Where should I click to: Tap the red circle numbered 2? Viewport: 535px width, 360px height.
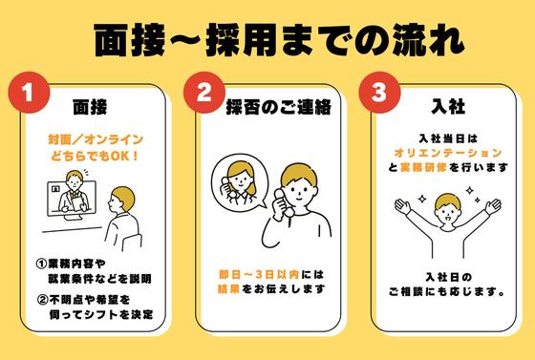(203, 94)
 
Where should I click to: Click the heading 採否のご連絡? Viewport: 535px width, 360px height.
(278, 104)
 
